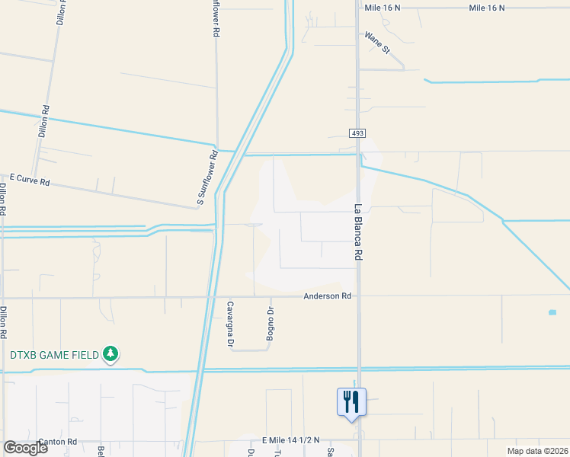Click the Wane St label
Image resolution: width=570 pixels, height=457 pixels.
376,43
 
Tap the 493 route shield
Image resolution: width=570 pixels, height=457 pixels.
357,133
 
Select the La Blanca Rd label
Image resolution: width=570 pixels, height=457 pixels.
357,232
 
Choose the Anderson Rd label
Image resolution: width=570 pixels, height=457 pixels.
327,296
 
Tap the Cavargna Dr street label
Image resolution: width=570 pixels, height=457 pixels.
229,324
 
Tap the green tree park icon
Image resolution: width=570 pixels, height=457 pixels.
111,353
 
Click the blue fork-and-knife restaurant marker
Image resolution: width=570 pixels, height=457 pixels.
351,401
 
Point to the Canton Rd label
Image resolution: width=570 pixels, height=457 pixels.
58,442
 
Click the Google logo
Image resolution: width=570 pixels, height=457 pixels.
25,448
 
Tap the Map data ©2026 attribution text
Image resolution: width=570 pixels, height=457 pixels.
536,451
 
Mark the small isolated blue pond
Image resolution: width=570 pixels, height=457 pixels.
552,312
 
